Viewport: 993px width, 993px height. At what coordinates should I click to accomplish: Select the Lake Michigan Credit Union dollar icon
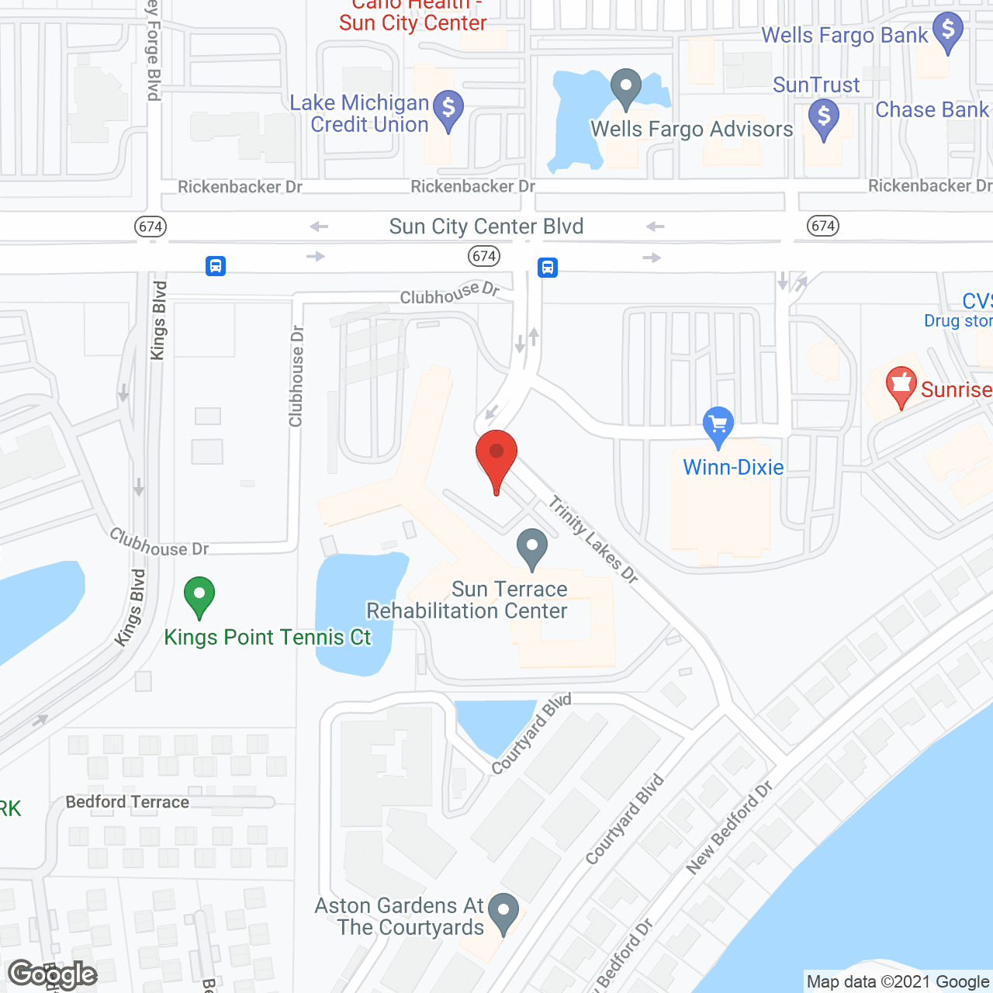pos(448,109)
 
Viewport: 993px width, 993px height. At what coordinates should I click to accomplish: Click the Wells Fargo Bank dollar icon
pos(947,32)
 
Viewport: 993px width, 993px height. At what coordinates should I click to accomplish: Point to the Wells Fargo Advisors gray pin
pos(625,88)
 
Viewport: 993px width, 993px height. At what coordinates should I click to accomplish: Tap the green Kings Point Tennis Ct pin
pos(199,597)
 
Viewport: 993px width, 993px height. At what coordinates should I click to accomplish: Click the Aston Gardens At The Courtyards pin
pos(503,913)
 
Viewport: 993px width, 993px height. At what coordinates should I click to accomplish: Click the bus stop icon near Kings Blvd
pos(216,266)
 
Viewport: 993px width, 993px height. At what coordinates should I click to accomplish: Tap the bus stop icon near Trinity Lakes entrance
pos(548,268)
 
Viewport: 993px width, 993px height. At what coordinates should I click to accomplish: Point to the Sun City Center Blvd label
pos(486,227)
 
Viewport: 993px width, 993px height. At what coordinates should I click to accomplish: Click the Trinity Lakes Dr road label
pos(593,540)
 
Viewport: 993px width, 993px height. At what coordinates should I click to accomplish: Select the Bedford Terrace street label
pos(127,802)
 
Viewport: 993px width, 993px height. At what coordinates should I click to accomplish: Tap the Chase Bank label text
pos(932,110)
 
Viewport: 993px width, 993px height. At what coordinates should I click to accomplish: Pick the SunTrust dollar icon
pos(824,118)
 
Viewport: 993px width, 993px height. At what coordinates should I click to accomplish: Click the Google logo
pos(53,974)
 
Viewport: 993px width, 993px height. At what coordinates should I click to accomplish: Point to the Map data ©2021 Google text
pos(898,982)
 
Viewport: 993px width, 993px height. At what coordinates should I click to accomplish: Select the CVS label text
pos(977,301)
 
